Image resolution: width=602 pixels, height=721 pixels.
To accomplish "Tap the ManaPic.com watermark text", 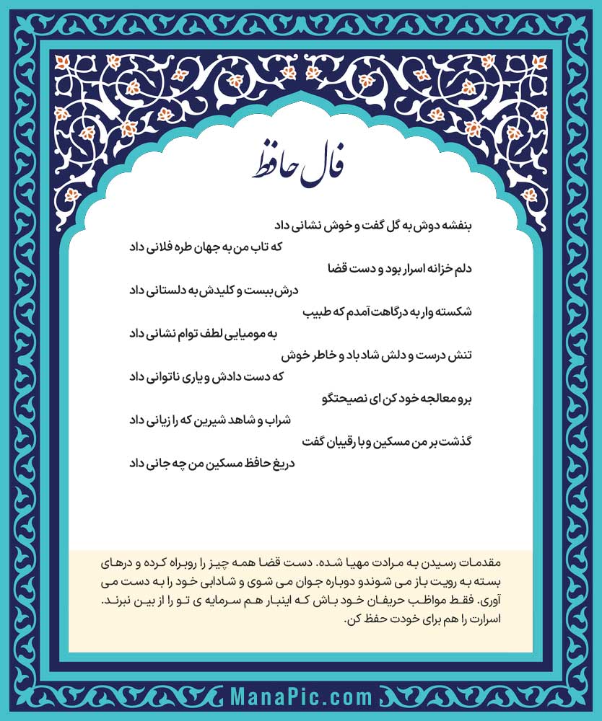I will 302,697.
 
